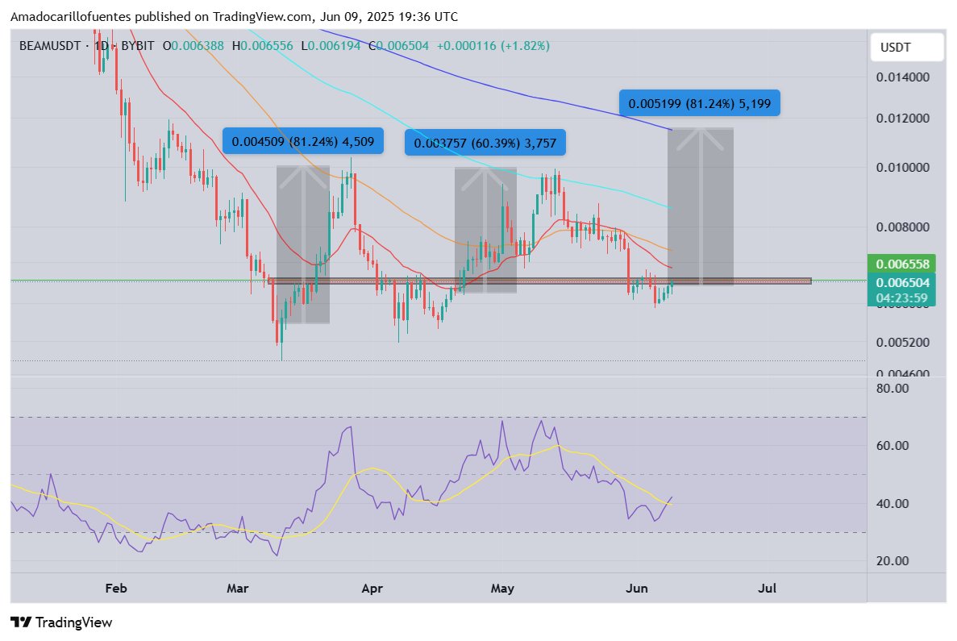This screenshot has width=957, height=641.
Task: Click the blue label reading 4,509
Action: click(x=302, y=142)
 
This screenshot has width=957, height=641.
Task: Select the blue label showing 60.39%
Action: click(x=485, y=144)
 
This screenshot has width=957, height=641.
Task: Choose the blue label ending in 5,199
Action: click(x=699, y=103)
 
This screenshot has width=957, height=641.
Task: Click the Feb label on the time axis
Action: click(x=117, y=589)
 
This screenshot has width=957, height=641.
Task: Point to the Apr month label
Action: click(x=372, y=589)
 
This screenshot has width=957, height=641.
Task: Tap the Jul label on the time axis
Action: click(x=768, y=589)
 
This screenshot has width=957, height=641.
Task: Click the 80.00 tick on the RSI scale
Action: click(x=892, y=388)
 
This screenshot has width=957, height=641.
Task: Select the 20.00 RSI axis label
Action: click(x=892, y=561)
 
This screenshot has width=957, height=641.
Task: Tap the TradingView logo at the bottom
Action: click(x=61, y=622)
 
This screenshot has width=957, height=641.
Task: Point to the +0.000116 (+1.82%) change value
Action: click(x=493, y=46)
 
